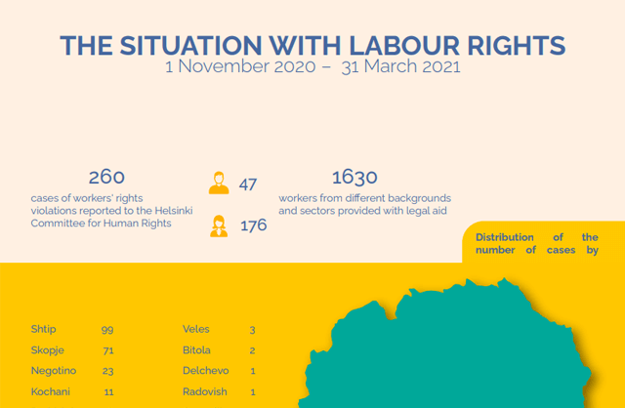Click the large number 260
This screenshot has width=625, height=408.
[106, 177]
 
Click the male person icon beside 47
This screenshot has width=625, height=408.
[219, 183]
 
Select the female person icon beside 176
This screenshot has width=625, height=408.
[219, 226]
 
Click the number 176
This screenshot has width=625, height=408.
[253, 226]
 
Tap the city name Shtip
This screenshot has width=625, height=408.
[44, 330]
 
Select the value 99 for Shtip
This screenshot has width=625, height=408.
[107, 330]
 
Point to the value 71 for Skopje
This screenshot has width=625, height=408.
[107, 350]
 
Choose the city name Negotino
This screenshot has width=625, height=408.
[53, 371]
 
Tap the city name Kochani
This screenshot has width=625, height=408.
[49, 391]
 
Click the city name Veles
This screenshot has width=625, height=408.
[196, 330]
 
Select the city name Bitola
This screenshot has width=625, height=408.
[197, 350]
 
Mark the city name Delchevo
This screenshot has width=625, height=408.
[204, 371]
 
